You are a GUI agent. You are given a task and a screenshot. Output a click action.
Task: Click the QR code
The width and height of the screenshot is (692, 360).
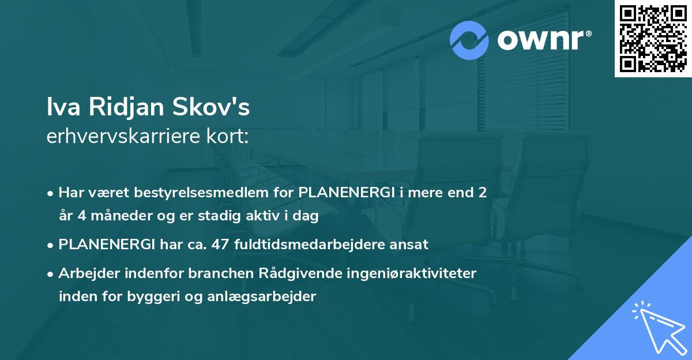point(652,39)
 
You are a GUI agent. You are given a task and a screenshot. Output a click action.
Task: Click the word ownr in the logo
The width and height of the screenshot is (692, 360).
point(539,40)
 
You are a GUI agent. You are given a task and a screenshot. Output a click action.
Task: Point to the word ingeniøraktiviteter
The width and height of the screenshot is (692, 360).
point(393,273)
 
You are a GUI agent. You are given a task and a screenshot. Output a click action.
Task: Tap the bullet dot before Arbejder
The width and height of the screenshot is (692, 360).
point(51,274)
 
